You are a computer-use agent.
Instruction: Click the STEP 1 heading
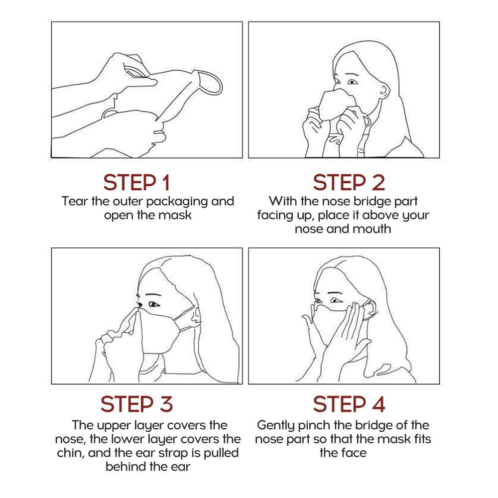click(136, 183)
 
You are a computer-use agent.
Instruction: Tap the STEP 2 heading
click(349, 183)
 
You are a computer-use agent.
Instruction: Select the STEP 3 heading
click(136, 404)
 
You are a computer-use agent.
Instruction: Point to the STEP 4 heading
click(349, 404)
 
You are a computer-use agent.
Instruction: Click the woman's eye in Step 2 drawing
click(352, 82)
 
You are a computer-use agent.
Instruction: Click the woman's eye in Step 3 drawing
click(154, 304)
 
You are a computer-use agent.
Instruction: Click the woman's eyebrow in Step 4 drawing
click(336, 293)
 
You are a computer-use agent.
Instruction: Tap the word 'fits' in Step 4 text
click(423, 439)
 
